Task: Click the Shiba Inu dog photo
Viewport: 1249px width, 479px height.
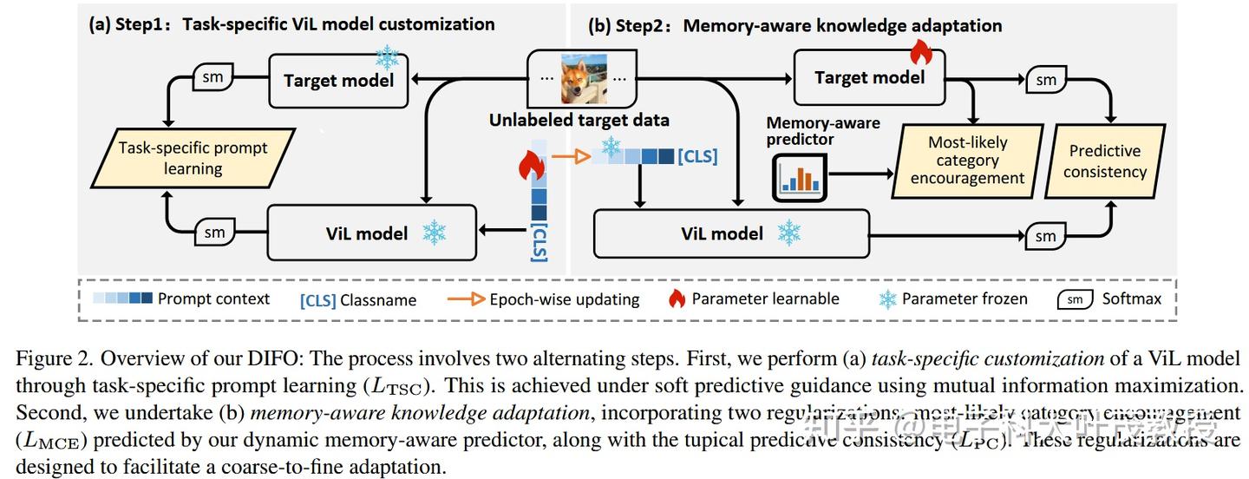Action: [x=584, y=79]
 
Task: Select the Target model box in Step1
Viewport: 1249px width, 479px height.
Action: [x=338, y=81]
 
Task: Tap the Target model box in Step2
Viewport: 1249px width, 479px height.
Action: [x=869, y=77]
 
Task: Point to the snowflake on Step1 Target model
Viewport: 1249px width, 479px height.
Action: [x=387, y=57]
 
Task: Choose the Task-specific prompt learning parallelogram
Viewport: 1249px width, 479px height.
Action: [x=193, y=158]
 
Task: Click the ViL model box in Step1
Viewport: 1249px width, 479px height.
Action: [x=372, y=233]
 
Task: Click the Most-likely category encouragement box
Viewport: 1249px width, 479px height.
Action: [x=967, y=161]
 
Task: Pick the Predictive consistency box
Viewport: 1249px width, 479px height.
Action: [x=1104, y=161]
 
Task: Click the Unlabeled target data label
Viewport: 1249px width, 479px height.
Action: [x=579, y=121]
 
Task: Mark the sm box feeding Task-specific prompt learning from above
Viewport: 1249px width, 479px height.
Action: [x=213, y=77]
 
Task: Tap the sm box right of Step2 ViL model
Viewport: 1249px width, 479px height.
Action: [x=1046, y=236]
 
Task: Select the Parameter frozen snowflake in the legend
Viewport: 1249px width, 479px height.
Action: [x=887, y=299]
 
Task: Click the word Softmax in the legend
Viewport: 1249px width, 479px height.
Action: [x=1131, y=299]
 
